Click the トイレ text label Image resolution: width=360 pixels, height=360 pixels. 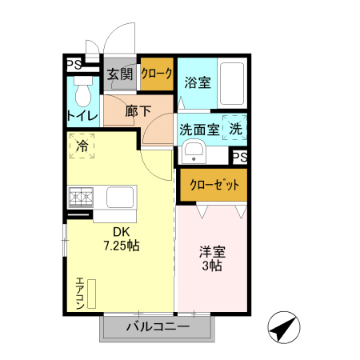click(x=82, y=117)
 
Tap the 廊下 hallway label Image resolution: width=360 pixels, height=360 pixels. click(x=138, y=112)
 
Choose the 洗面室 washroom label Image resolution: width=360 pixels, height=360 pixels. click(x=199, y=128)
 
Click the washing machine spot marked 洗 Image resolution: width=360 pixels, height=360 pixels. click(x=237, y=128)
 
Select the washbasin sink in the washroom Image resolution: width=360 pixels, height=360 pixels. click(x=194, y=151)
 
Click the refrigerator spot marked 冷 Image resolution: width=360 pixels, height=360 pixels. click(x=82, y=146)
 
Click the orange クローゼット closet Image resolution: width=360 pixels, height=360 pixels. click(x=214, y=184)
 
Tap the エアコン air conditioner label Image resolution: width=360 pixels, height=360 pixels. click(x=80, y=293)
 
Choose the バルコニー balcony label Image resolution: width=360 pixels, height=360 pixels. click(x=158, y=327)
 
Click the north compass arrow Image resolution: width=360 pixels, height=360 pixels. click(x=285, y=327)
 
